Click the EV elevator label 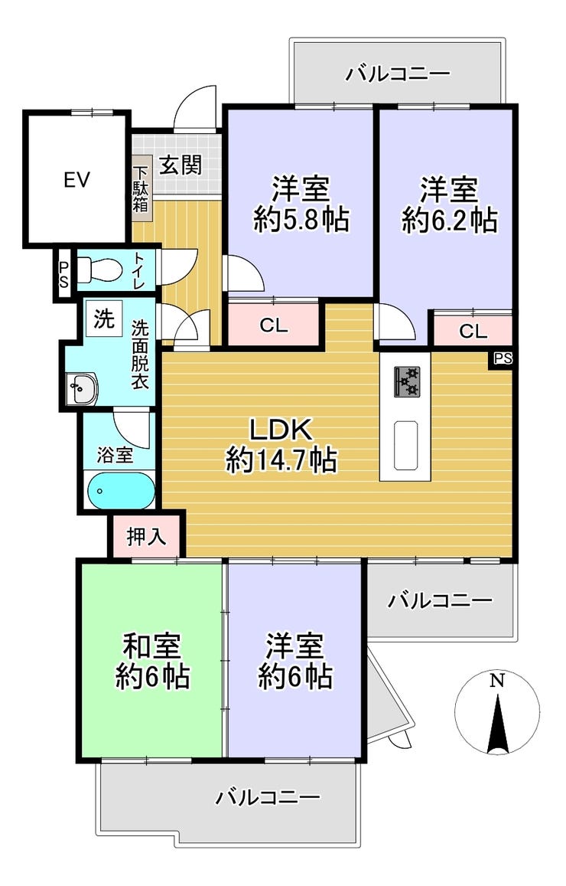76,180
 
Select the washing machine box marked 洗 104,319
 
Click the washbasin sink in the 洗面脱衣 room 81,389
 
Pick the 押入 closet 146,536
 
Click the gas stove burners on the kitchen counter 406,381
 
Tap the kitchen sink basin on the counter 405,445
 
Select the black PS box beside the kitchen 502,359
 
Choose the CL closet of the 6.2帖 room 473,330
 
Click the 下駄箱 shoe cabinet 141,188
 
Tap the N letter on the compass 496,680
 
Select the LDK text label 281,430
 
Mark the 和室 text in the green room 152,646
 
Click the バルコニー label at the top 398,74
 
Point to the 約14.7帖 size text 281,460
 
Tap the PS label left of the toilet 63,274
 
